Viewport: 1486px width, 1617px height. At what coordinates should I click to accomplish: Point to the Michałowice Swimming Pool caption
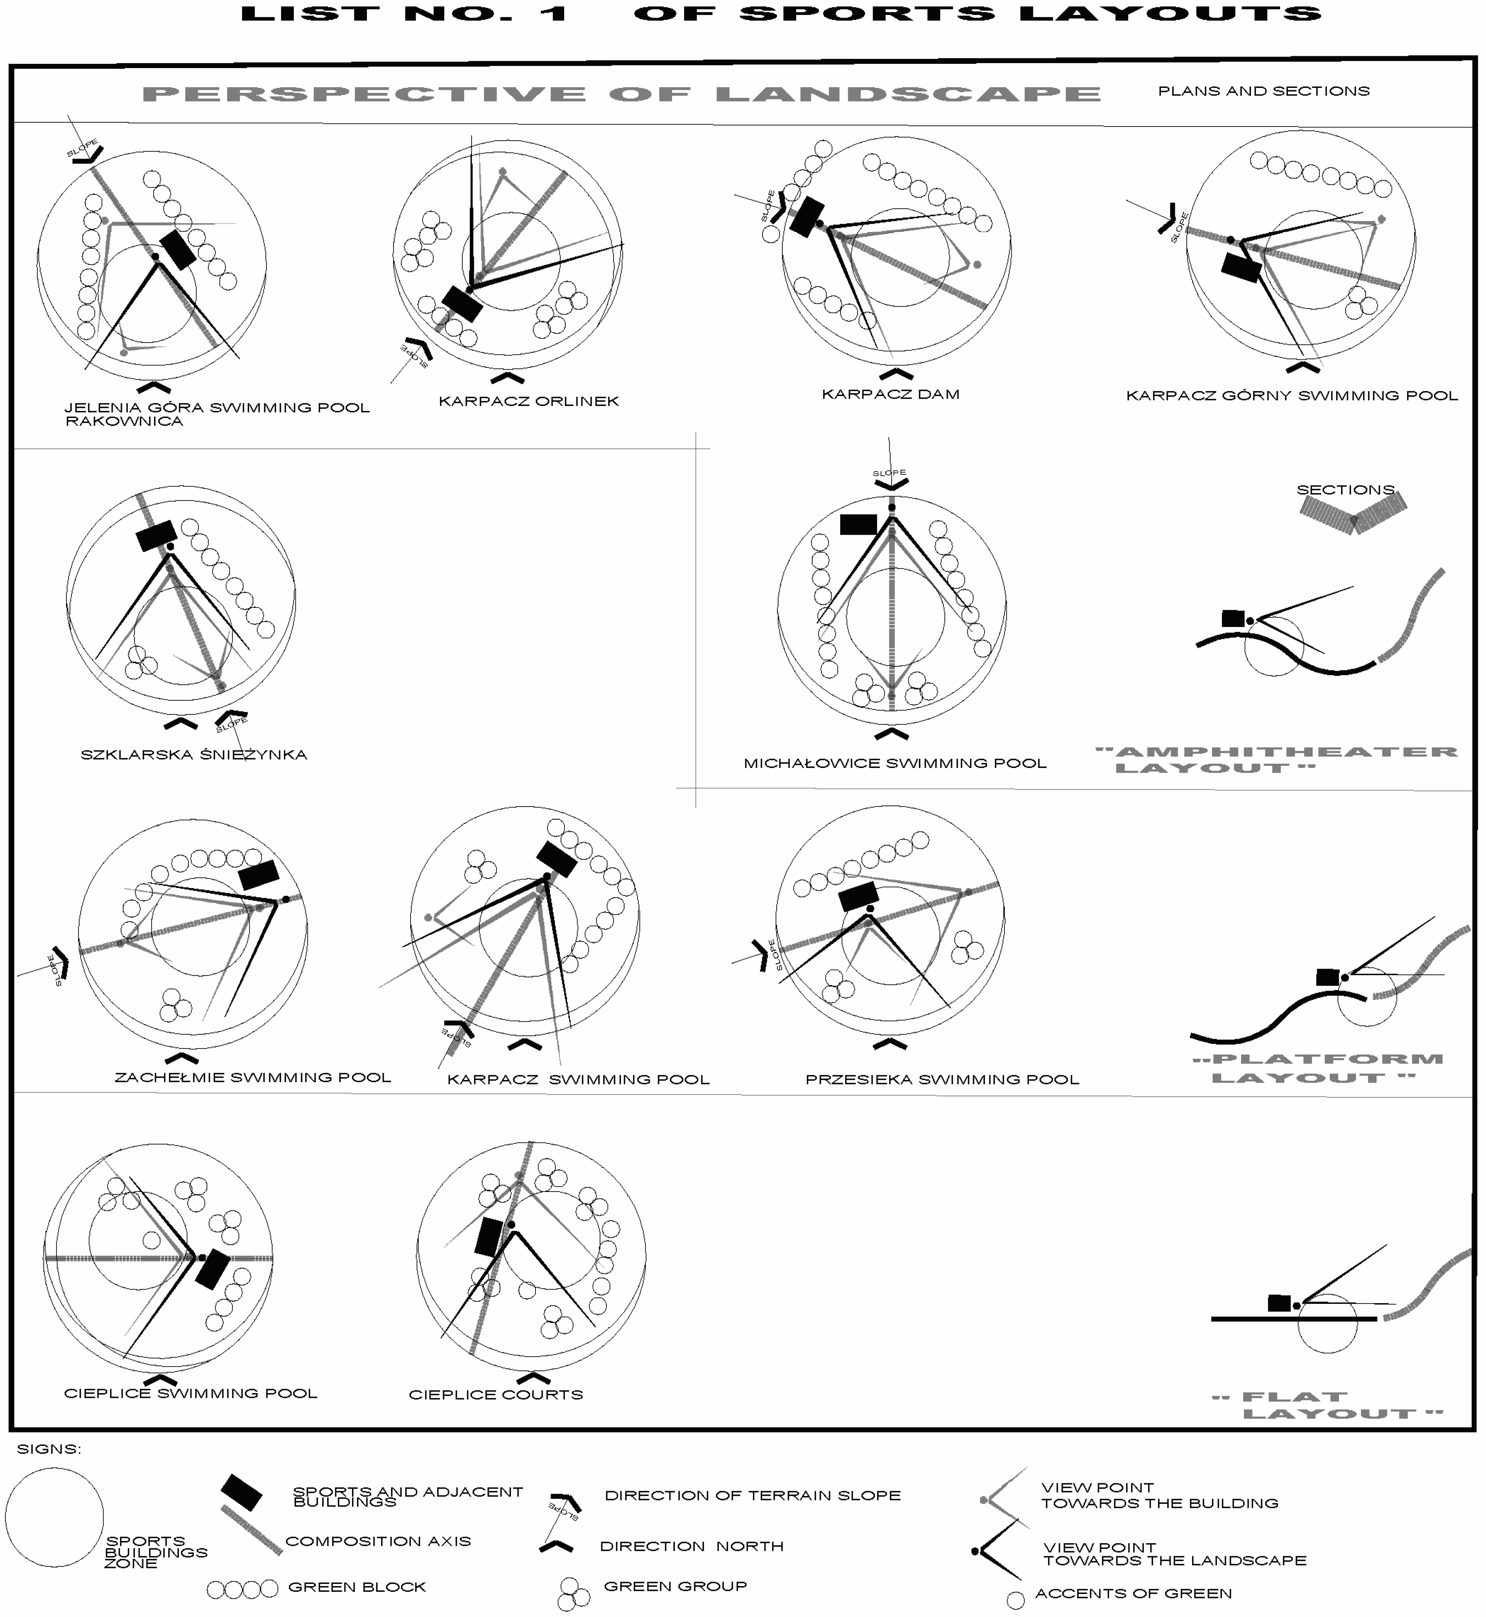pos(895,763)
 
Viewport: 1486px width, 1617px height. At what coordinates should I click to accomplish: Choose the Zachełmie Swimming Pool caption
pos(253,1078)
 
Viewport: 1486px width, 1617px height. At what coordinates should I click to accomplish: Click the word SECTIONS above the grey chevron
pos(1345,490)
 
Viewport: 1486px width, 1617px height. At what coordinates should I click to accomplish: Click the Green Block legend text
pos(357,1586)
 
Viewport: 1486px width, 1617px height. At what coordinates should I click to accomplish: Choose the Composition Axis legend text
pos(378,1541)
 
